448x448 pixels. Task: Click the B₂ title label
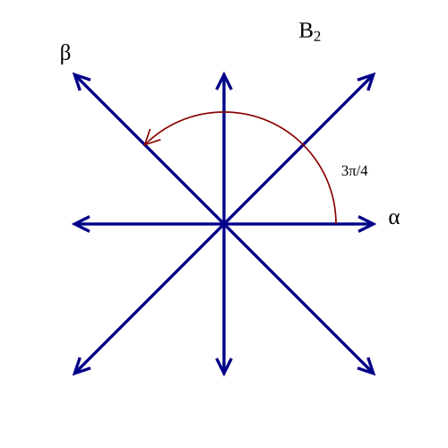(x=310, y=32)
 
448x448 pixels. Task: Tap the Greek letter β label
(x=65, y=54)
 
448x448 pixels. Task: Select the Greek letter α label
(x=394, y=219)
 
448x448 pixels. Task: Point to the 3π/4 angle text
(x=355, y=171)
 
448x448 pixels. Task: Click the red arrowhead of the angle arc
(x=150, y=140)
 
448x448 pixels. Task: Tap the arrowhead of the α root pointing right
(x=367, y=224)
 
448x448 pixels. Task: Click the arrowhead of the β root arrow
(x=80, y=80)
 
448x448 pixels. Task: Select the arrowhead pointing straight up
(x=224, y=80)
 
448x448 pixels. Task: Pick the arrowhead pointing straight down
(x=224, y=367)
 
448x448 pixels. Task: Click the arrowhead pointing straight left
(x=81, y=224)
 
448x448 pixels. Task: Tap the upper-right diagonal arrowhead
(x=368, y=80)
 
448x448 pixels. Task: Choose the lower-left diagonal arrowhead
(x=80, y=367)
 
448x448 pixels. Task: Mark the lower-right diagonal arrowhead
(x=368, y=367)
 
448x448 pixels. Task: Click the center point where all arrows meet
(x=224, y=224)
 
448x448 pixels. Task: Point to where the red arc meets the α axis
(x=336, y=223)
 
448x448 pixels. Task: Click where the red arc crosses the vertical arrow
(x=224, y=112)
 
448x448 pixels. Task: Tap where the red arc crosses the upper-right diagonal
(x=303, y=145)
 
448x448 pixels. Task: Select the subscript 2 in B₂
(x=317, y=37)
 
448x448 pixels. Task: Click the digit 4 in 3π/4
(x=364, y=171)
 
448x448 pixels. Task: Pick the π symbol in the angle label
(x=351, y=172)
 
